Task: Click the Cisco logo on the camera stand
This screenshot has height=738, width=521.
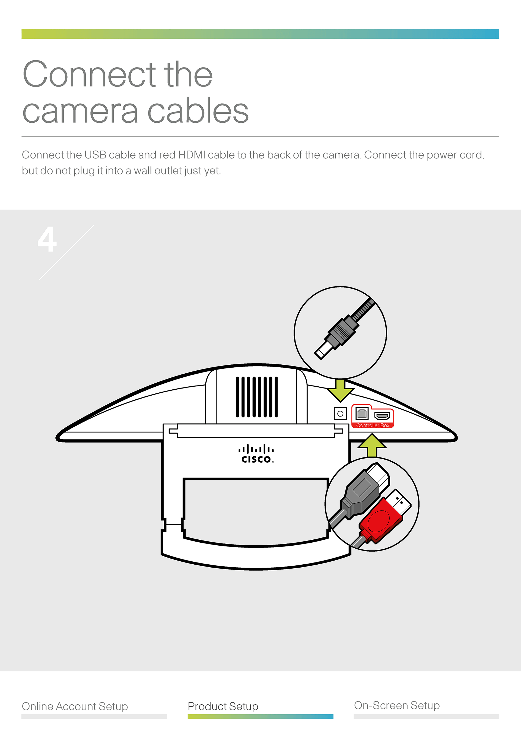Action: click(x=256, y=454)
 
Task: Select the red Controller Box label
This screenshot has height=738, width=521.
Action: click(x=373, y=425)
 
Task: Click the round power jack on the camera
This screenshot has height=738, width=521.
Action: click(x=340, y=414)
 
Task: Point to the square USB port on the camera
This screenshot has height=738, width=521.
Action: click(x=362, y=413)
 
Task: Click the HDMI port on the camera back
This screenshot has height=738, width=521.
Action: click(x=382, y=416)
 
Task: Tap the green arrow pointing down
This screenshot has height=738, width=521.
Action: click(x=340, y=390)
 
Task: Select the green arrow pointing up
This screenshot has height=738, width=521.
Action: click(x=372, y=446)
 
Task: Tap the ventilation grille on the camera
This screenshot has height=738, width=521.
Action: click(x=256, y=397)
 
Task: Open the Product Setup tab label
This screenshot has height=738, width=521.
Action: click(x=223, y=706)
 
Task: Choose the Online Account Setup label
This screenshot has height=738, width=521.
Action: click(x=75, y=706)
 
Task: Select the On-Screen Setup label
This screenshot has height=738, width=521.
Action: click(x=397, y=705)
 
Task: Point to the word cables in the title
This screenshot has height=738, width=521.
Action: click(x=198, y=111)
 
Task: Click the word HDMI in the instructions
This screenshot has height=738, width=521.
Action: click(x=192, y=155)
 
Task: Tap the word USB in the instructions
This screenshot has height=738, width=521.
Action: click(x=95, y=155)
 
